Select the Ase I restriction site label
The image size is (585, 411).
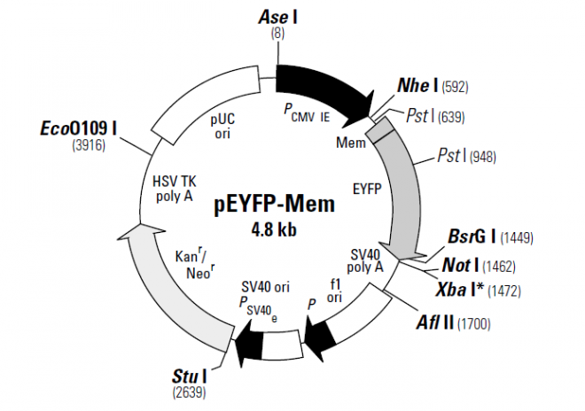(x=278, y=17)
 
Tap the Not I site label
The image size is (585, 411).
(x=461, y=264)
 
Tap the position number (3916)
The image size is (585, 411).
(x=88, y=145)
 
